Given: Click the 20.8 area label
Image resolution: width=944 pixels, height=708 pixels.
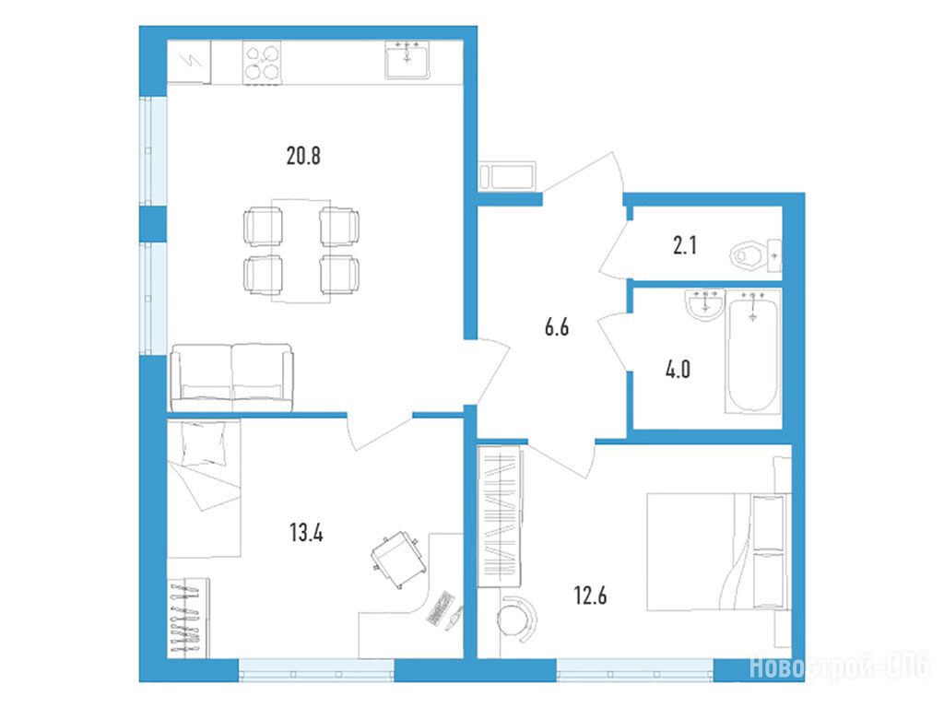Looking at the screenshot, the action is click(303, 156).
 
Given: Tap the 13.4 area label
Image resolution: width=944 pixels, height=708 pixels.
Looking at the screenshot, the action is click(306, 533).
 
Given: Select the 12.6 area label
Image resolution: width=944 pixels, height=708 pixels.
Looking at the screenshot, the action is click(590, 596).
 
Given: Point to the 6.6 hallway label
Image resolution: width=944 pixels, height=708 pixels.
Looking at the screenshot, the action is click(556, 327).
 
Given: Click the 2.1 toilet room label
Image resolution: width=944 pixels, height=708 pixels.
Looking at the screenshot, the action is click(685, 245).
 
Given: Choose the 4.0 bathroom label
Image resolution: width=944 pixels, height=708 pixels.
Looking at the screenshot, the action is click(678, 369).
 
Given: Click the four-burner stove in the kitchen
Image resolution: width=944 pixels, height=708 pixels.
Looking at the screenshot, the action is click(263, 63).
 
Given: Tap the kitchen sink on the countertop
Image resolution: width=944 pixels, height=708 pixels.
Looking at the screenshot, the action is click(407, 60).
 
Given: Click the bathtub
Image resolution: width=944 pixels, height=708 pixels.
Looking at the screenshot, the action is click(752, 351).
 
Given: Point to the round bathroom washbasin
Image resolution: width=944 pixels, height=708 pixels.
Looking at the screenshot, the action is click(704, 304).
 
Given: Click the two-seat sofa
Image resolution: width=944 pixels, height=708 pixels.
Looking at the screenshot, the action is click(231, 377).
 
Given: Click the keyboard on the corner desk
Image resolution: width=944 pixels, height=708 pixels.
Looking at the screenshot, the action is click(440, 608).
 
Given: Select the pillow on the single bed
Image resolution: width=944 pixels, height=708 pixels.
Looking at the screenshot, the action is click(204, 443).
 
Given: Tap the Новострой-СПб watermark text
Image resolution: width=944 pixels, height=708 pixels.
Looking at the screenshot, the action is click(839, 667).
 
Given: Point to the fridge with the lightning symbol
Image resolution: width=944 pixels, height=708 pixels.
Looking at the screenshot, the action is click(189, 62).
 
